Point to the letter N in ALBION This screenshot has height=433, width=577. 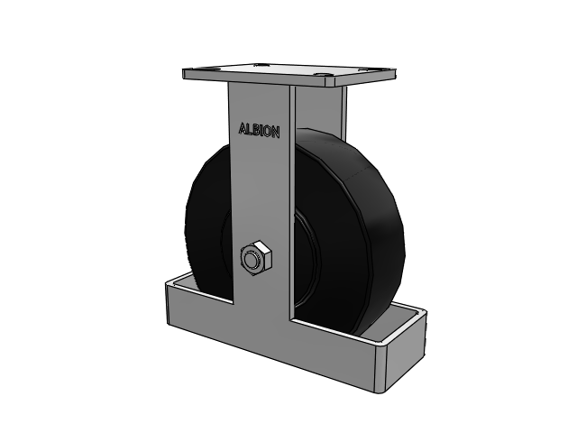click(x=275, y=132)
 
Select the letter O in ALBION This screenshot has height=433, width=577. click(x=268, y=131)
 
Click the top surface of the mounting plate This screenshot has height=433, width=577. click(x=288, y=72)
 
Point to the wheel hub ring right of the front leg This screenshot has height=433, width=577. click(x=302, y=253)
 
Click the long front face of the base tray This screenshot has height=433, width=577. click(x=270, y=338)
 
